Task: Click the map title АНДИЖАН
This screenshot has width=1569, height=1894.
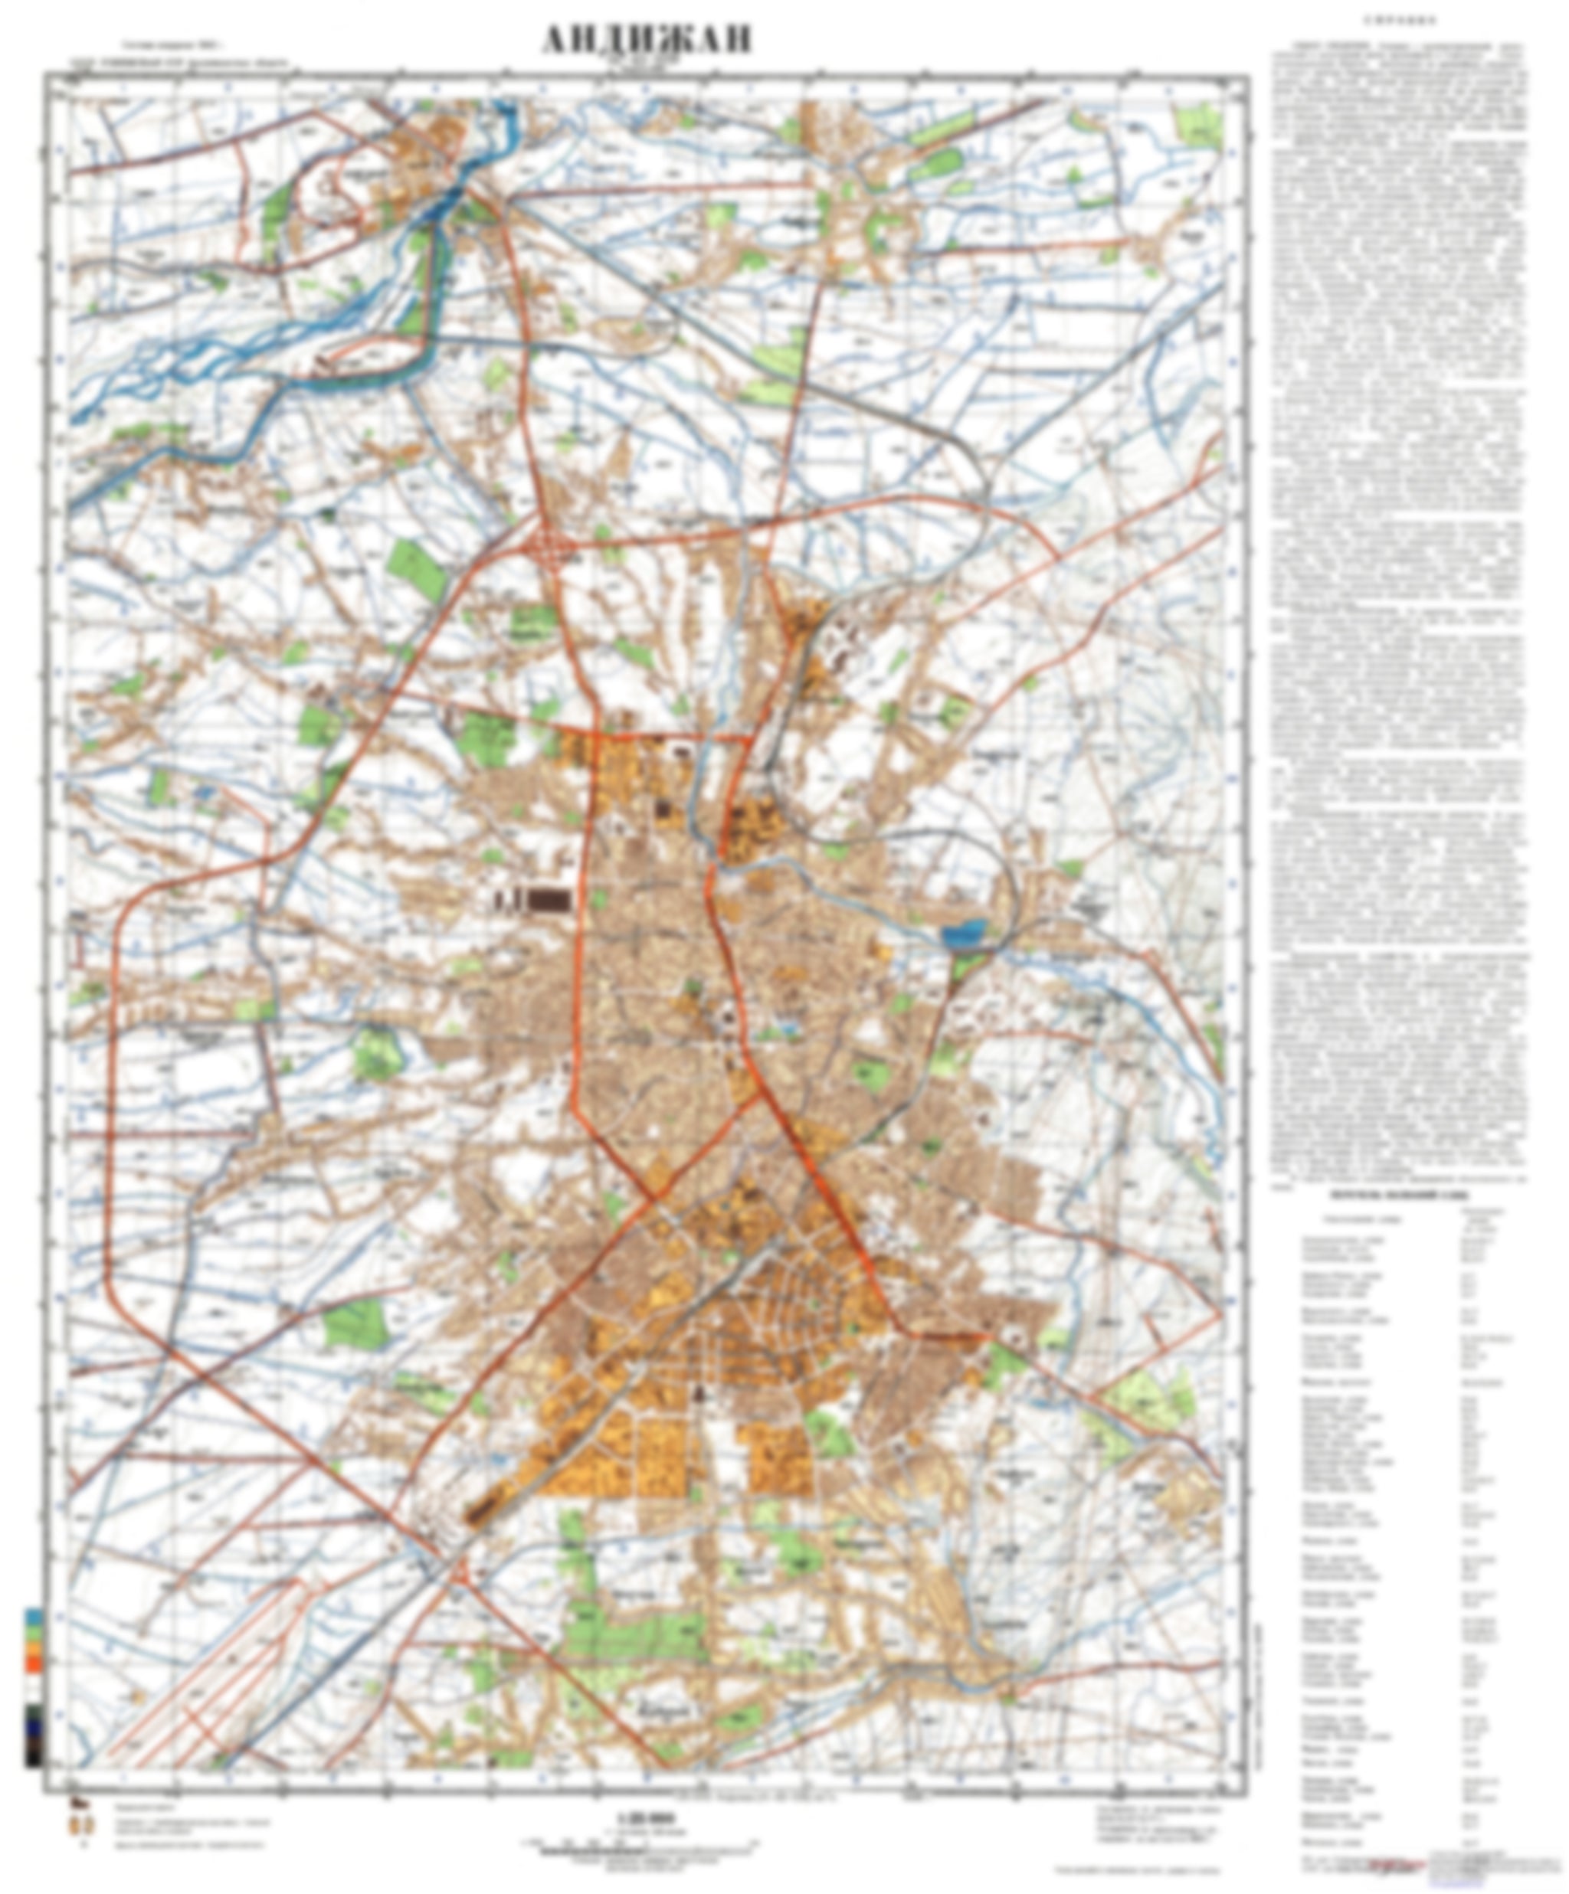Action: [646, 41]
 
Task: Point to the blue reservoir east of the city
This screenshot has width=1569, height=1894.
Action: [964, 931]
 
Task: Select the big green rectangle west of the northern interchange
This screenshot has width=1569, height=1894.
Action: [417, 571]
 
